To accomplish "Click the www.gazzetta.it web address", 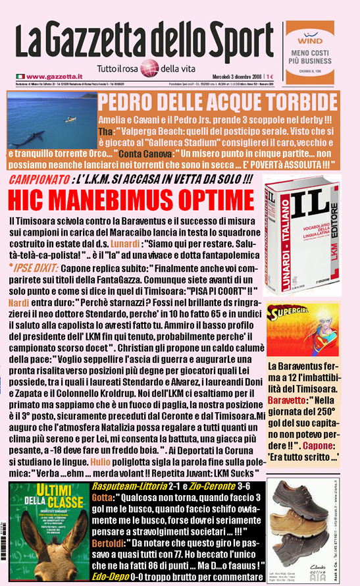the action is [55, 77].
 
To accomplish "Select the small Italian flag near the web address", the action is [20, 77].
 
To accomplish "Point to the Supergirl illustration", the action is [302, 329].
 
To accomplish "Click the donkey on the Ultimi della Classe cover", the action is [45, 547].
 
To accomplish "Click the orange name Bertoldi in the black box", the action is [110, 535].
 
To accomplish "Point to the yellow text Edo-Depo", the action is [111, 575].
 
